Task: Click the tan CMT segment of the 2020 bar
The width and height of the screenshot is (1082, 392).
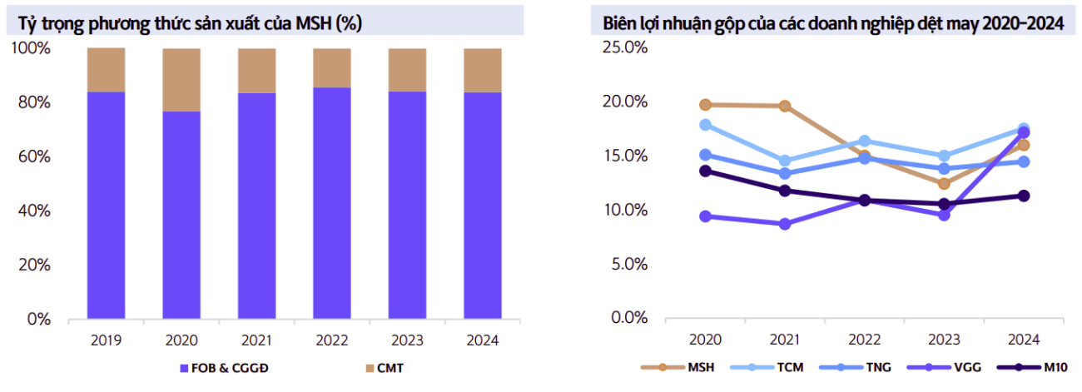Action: (181, 80)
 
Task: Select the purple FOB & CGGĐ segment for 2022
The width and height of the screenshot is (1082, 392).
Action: (332, 203)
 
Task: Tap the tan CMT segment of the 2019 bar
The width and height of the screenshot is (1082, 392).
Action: (106, 70)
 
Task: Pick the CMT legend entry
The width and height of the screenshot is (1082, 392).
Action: (387, 367)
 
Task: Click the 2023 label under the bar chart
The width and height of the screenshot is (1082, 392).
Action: (407, 340)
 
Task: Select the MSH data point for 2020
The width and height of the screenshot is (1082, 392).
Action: (706, 105)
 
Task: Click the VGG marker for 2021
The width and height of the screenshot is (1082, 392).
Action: (785, 224)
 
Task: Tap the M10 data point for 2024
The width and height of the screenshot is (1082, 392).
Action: (1024, 196)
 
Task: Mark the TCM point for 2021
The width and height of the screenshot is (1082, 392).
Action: (785, 161)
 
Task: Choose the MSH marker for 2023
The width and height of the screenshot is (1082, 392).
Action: (944, 183)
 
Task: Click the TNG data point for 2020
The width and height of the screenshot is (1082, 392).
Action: (706, 155)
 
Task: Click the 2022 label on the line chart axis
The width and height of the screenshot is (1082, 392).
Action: (865, 340)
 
